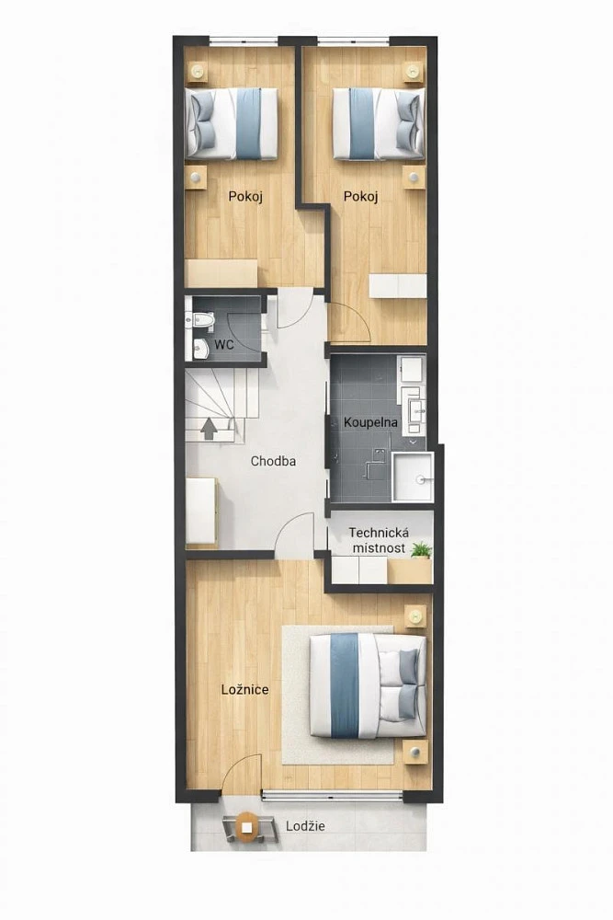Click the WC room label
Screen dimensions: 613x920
click(x=224, y=344)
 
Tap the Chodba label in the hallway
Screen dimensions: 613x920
click(x=273, y=461)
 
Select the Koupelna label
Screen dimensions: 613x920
click(x=370, y=422)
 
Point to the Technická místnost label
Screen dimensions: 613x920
click(x=379, y=540)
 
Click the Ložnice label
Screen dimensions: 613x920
click(x=245, y=689)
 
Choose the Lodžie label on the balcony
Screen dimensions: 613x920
click(x=305, y=826)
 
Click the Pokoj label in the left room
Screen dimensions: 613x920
click(x=245, y=196)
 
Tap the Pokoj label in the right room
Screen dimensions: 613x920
click(x=361, y=196)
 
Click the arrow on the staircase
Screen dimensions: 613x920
click(x=208, y=429)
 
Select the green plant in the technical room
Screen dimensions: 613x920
click(x=421, y=550)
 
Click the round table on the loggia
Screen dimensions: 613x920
click(x=248, y=827)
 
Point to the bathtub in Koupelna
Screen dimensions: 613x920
click(x=413, y=477)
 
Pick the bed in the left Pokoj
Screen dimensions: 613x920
click(x=232, y=124)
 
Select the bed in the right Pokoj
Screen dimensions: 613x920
click(x=379, y=124)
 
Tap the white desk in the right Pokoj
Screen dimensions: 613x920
click(x=398, y=286)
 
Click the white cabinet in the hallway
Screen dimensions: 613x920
click(x=201, y=511)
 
